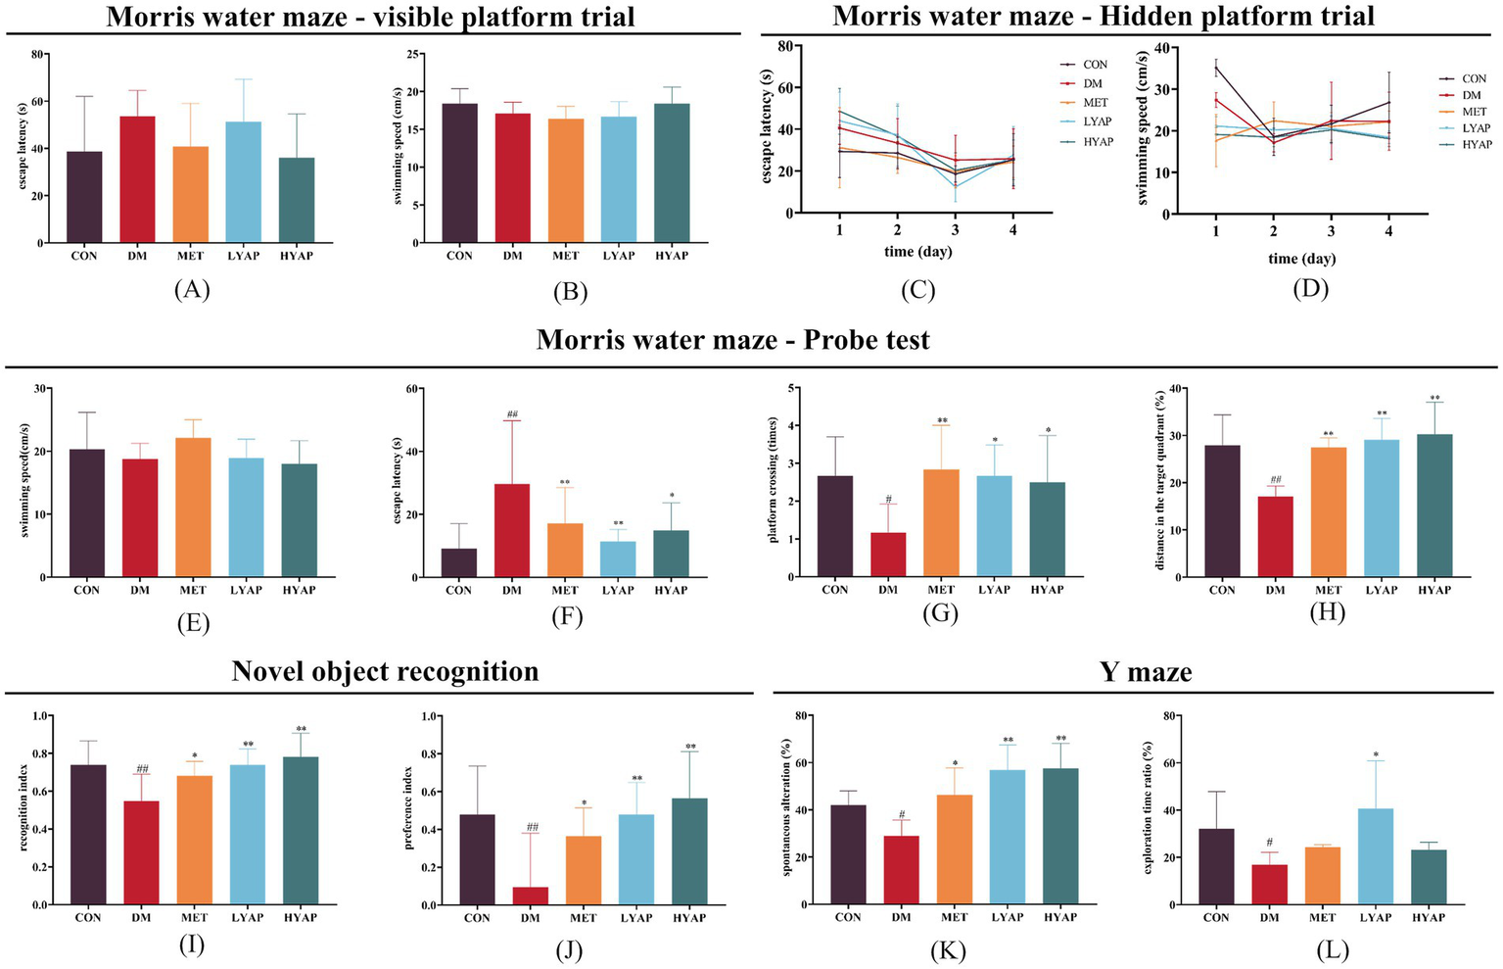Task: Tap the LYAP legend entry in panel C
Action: click(1096, 121)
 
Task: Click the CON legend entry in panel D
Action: click(1474, 78)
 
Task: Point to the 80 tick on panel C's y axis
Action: click(783, 45)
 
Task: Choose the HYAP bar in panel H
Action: click(1434, 506)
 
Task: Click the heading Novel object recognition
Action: click(385, 671)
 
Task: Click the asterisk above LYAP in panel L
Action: click(1376, 755)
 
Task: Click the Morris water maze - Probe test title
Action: click(732, 340)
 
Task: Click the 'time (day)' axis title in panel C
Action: click(918, 252)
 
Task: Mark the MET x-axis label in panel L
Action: click(1322, 918)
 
